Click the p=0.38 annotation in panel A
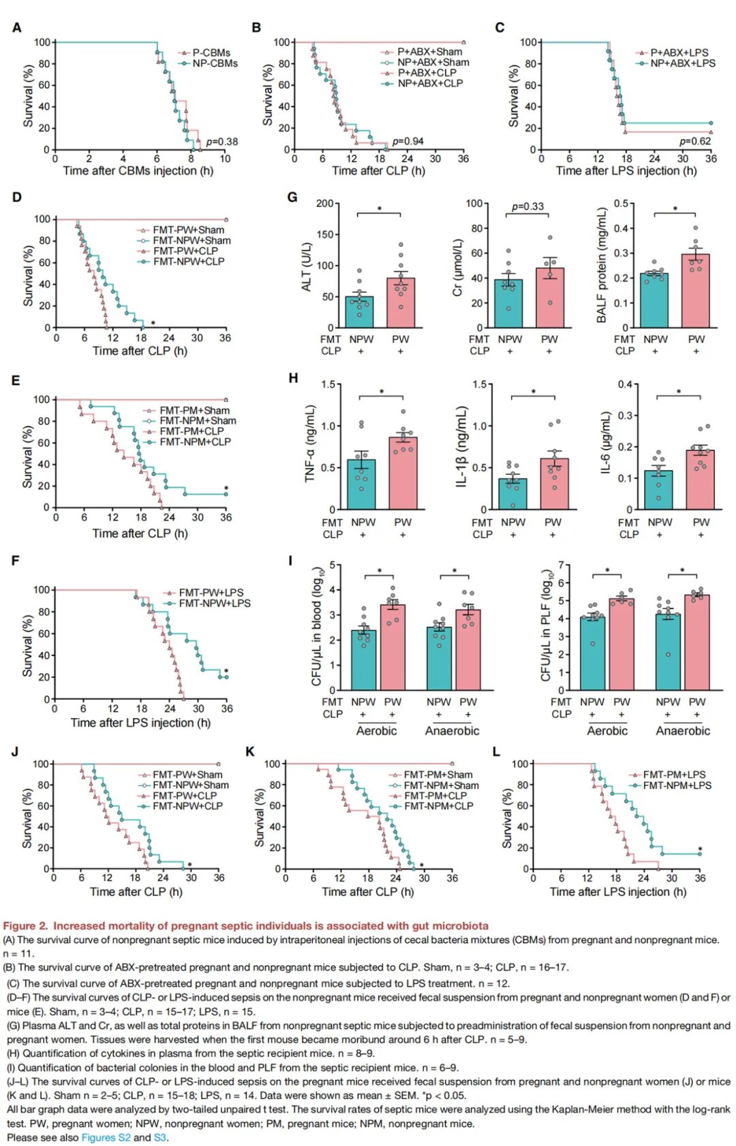(222, 142)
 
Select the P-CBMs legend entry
(211, 52)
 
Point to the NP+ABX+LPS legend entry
(682, 63)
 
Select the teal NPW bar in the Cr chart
(508, 303)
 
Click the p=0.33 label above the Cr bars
(528, 206)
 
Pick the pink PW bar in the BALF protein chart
(696, 291)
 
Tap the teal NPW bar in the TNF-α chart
(361, 484)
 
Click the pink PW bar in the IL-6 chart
(701, 480)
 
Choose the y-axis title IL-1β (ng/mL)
(462, 446)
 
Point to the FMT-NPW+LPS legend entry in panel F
(214, 604)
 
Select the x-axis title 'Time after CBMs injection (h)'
(138, 171)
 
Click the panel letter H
(293, 378)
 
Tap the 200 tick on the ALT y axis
(324, 204)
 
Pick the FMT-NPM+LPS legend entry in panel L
(677, 786)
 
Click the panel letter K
(250, 752)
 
